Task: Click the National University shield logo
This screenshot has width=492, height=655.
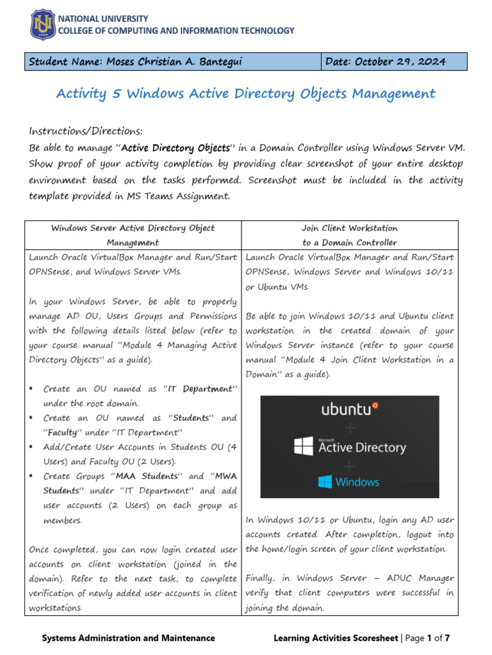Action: (44, 24)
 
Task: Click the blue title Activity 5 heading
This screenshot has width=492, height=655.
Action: (245, 94)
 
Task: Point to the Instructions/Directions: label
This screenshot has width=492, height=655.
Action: (85, 131)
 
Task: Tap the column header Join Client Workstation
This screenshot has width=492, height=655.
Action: (350, 228)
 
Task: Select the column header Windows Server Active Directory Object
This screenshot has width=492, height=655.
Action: (133, 228)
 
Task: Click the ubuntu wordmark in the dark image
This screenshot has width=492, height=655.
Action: (349, 409)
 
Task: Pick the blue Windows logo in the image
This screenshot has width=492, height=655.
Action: (325, 482)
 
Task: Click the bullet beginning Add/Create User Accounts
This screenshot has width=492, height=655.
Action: (140, 447)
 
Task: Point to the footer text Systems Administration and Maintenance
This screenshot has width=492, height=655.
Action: (128, 638)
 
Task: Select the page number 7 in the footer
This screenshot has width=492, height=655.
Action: (447, 638)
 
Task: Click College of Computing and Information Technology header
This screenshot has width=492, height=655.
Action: (177, 30)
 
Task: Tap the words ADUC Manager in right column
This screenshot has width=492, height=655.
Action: (422, 578)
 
